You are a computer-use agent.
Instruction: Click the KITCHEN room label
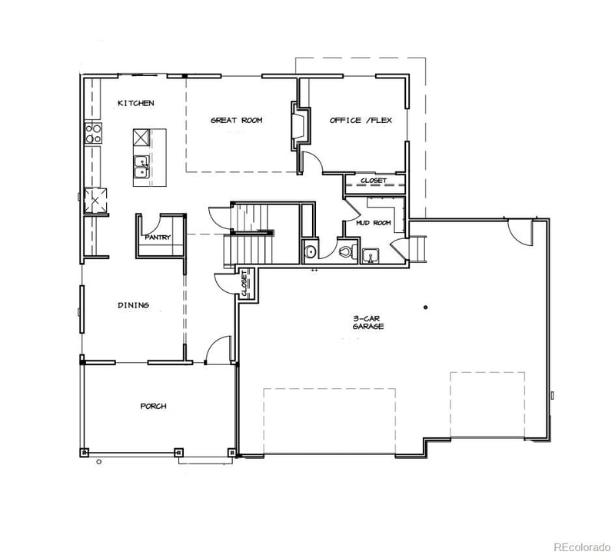pos(135,103)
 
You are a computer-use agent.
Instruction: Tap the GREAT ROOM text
pos(237,121)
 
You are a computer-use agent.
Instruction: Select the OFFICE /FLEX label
pos(354,121)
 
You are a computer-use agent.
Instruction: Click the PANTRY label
pos(158,238)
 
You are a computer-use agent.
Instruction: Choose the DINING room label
pos(133,305)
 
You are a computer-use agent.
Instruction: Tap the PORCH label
pos(153,406)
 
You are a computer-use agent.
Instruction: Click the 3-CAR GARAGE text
pos(367,322)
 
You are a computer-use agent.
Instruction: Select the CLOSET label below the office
pos(374,181)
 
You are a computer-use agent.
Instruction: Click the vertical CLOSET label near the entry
pos(244,284)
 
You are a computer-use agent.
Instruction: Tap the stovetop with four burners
pos(93,134)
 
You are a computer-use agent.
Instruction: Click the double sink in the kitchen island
pos(141,167)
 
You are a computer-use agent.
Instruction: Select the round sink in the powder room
pos(311,251)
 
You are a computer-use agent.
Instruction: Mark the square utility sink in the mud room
pos(371,255)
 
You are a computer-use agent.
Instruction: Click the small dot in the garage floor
pos(424,308)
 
